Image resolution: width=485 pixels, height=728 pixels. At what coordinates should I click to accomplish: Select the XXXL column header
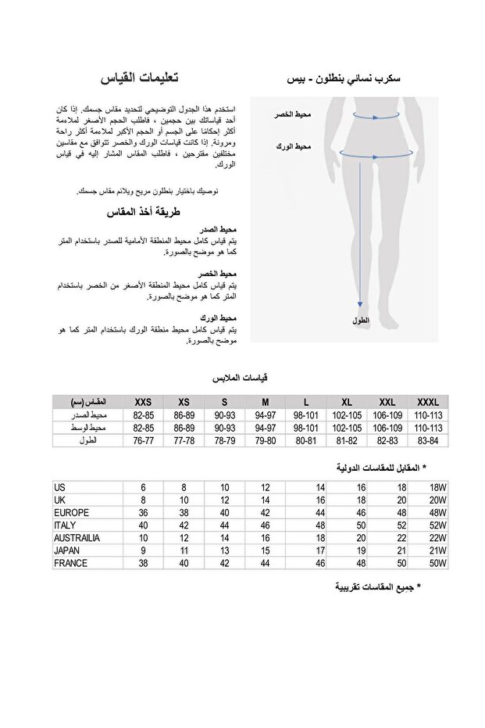[429, 402]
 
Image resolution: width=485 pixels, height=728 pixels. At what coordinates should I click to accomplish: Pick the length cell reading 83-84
[429, 441]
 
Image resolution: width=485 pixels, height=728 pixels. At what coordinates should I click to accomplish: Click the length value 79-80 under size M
[266, 441]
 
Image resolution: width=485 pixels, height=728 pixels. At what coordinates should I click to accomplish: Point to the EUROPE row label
[72, 513]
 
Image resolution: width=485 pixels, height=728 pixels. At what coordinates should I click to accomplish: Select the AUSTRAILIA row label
[77, 538]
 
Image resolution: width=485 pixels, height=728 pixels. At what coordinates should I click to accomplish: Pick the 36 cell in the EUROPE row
[143, 513]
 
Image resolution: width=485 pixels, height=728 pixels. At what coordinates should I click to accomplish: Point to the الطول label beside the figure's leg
[361, 321]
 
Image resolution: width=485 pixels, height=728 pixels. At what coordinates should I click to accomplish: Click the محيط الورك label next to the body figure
[294, 146]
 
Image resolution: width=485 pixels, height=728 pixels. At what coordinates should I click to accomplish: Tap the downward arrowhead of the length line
[361, 306]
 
